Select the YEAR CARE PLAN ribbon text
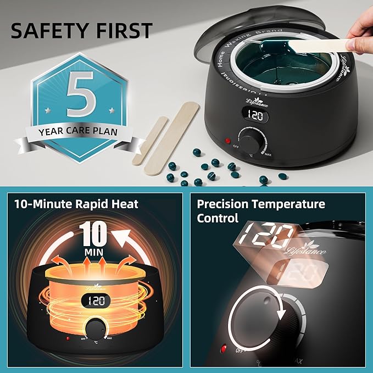[78, 132]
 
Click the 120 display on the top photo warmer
[254, 116]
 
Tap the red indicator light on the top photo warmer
[227, 141]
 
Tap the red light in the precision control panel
[224, 349]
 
